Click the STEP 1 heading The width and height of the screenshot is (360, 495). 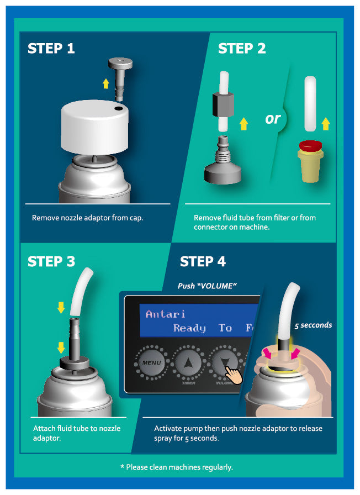click(51, 48)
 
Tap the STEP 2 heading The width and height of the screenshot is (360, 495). click(242, 48)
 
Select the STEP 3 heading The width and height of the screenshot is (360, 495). click(51, 261)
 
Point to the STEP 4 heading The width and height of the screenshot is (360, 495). click(203, 261)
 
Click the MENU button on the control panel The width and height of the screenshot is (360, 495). click(151, 363)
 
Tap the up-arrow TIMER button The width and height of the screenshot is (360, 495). click(188, 363)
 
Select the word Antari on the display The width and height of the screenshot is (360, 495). click(165, 314)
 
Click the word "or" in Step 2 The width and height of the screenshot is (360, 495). click(273, 119)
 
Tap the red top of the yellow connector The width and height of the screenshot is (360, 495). click(310, 146)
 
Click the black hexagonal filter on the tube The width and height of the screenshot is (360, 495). click(223, 104)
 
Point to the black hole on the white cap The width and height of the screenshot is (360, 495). click(119, 109)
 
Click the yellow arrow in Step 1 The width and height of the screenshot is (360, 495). click(106, 83)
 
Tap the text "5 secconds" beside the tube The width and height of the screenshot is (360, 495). click(313, 325)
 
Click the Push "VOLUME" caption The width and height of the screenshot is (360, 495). click(207, 286)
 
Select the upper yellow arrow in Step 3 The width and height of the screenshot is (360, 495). click(61, 308)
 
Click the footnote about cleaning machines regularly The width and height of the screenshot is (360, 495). click(177, 467)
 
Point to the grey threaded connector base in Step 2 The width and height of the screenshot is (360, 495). click(223, 161)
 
